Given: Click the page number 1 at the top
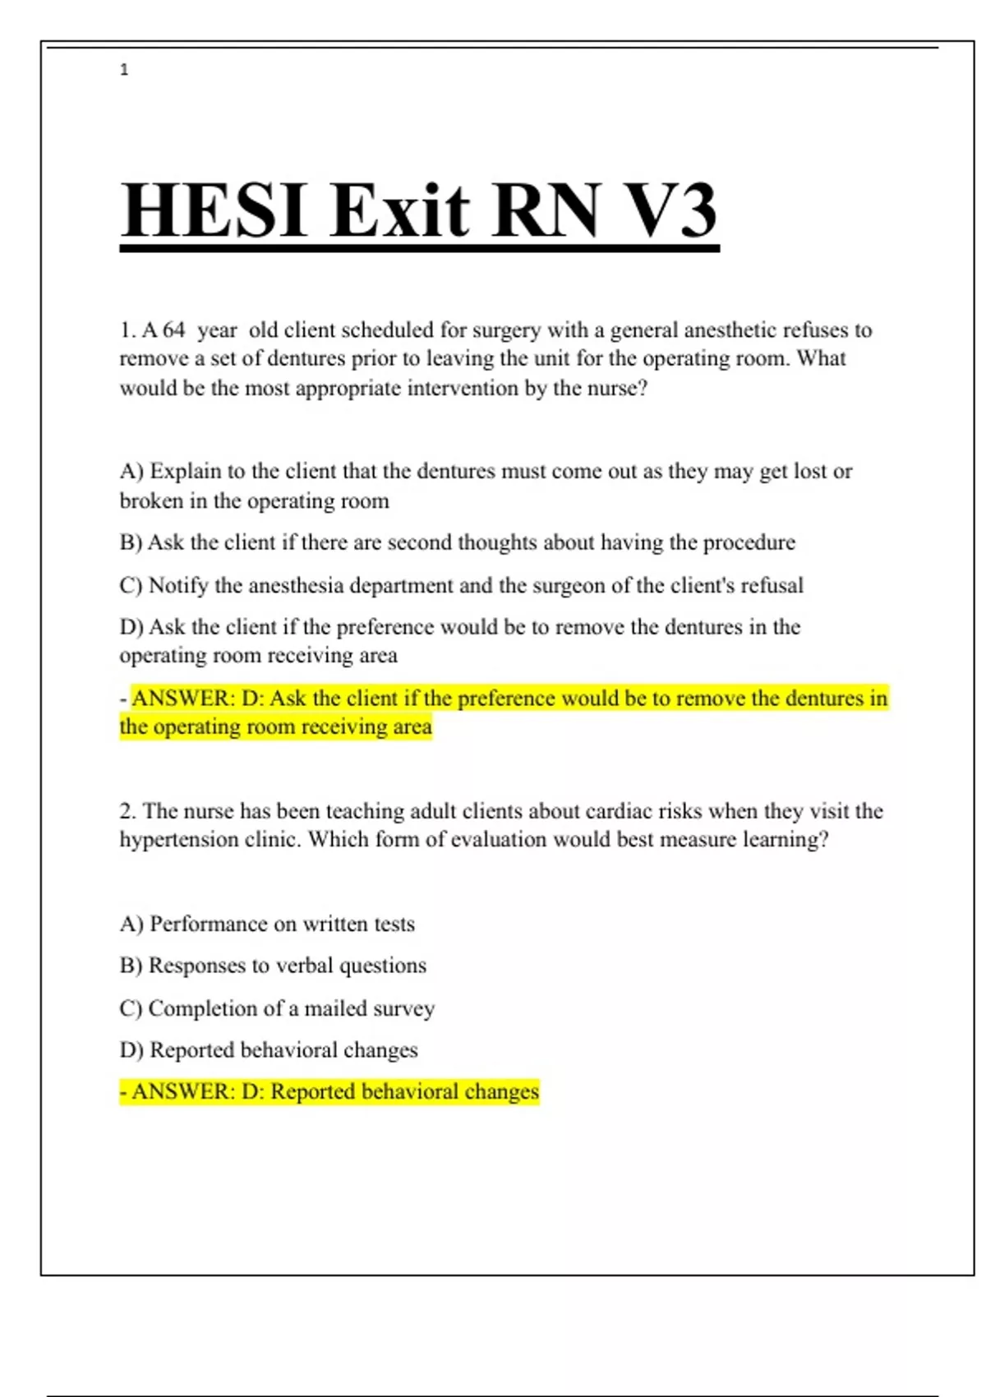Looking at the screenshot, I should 124,70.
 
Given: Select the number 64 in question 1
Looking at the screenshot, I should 173,330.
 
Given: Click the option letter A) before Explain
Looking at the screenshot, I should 131,472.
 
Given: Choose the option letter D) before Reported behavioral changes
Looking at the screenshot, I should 131,1050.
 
